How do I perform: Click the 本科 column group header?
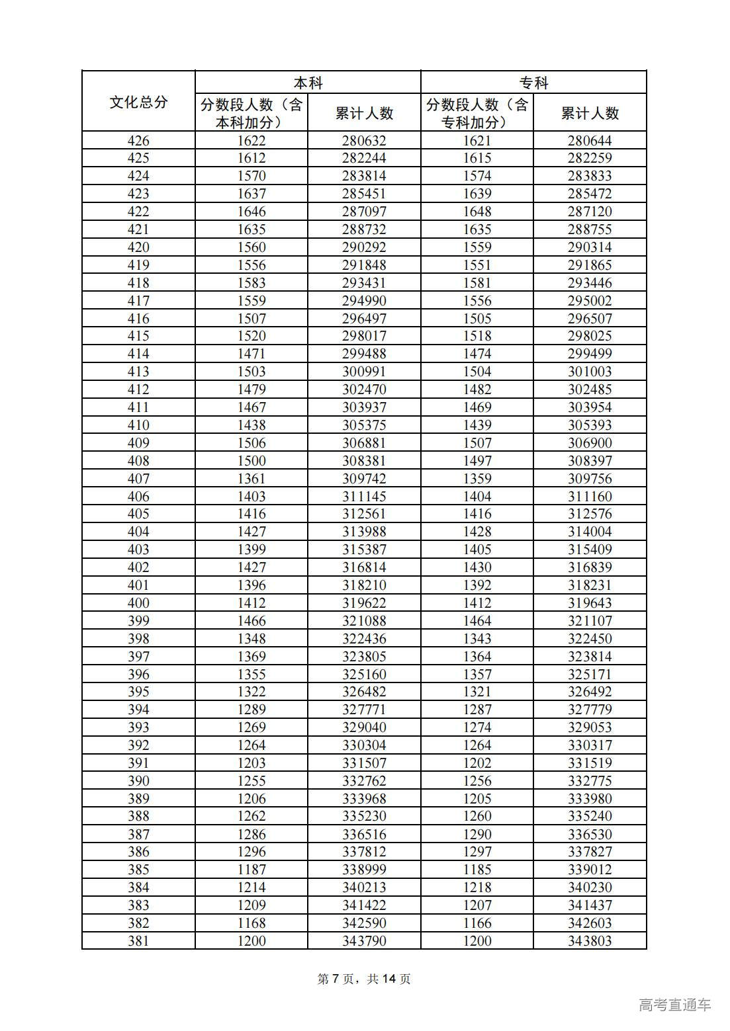tap(308, 83)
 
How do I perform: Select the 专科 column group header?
tap(533, 83)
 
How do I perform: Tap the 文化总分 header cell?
tap(138, 102)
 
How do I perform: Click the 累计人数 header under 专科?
tap(590, 113)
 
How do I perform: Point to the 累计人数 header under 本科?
tap(364, 113)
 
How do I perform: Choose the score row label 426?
tap(138, 140)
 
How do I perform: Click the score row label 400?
tap(138, 603)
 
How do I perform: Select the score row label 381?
tap(138, 941)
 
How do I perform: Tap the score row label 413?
tap(138, 372)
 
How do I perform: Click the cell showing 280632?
tap(364, 140)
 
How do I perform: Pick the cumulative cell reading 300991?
tap(364, 372)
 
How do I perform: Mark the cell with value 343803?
tap(590, 941)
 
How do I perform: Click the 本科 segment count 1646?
tap(251, 212)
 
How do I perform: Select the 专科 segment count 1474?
tap(477, 354)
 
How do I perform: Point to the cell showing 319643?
tap(590, 603)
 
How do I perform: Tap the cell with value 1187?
tap(251, 870)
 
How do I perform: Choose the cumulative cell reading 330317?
tap(590, 745)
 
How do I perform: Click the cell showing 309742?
tap(364, 479)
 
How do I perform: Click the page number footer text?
tap(364, 979)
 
